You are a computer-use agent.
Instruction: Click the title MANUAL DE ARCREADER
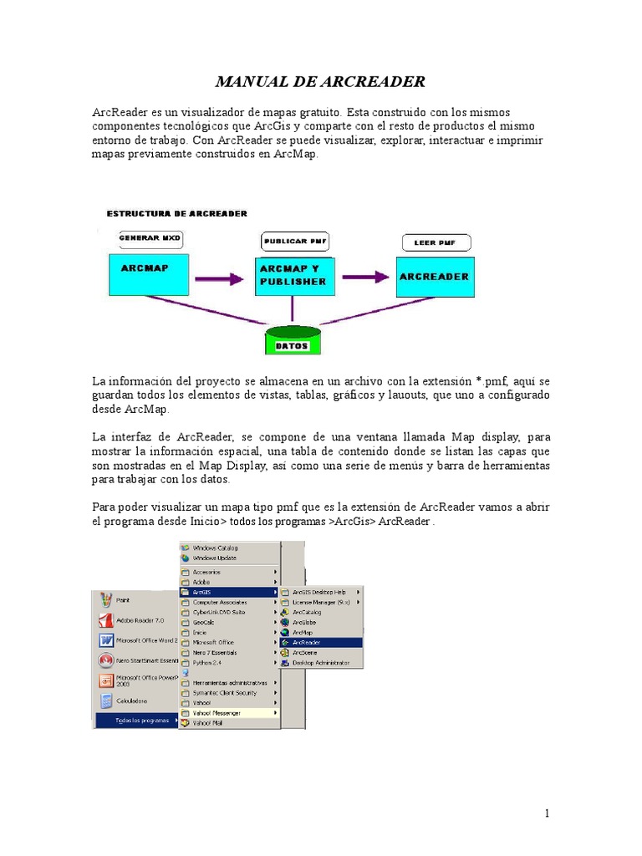(x=321, y=81)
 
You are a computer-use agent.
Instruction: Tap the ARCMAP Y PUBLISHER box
(x=294, y=276)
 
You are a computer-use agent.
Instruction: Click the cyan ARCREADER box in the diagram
(x=435, y=277)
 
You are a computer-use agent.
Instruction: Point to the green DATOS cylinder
(x=293, y=341)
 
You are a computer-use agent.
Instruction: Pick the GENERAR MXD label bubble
(x=150, y=238)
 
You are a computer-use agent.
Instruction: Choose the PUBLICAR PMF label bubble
(x=295, y=242)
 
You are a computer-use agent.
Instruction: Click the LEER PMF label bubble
(x=436, y=243)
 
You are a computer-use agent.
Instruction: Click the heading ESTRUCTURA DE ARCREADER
(x=177, y=214)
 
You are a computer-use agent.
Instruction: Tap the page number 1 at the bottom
(x=547, y=813)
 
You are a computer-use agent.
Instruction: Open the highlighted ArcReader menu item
(x=321, y=642)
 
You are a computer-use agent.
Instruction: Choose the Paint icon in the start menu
(x=106, y=599)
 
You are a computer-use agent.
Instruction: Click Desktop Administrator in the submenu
(x=321, y=662)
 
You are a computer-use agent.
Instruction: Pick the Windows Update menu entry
(x=215, y=558)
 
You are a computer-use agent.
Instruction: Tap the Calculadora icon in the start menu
(x=106, y=701)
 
